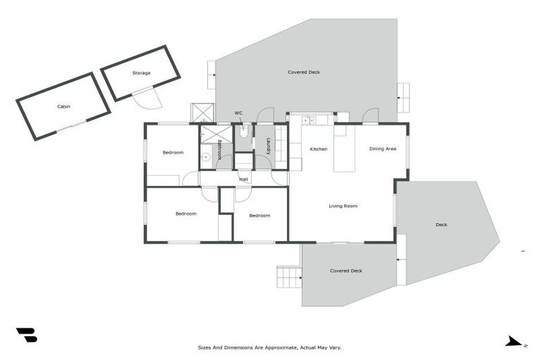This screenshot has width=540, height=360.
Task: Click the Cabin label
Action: click(x=63, y=107)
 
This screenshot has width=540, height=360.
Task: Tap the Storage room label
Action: click(x=141, y=73)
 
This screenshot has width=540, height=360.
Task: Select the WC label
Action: click(x=238, y=112)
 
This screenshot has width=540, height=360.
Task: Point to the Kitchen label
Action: click(x=319, y=149)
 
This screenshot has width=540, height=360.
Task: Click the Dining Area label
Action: click(x=382, y=149)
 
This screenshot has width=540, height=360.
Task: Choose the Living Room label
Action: click(x=343, y=206)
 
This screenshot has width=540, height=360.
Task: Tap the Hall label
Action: click(x=243, y=179)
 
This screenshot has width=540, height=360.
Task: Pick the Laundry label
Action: click(x=268, y=146)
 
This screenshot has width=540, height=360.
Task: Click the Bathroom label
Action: click(x=219, y=150)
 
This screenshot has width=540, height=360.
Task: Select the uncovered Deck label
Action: click(x=441, y=225)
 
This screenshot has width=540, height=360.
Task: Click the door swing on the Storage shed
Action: click(x=149, y=99)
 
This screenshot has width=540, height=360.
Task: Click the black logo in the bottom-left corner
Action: click(x=27, y=335)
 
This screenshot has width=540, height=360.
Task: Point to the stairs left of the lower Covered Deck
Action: click(x=289, y=277)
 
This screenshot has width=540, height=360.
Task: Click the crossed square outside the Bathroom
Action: click(x=202, y=112)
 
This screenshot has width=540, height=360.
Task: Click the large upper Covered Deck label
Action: click(x=304, y=72)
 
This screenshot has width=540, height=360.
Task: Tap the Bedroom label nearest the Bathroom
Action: click(x=173, y=153)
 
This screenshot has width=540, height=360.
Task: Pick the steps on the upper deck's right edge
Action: click(x=403, y=97)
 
